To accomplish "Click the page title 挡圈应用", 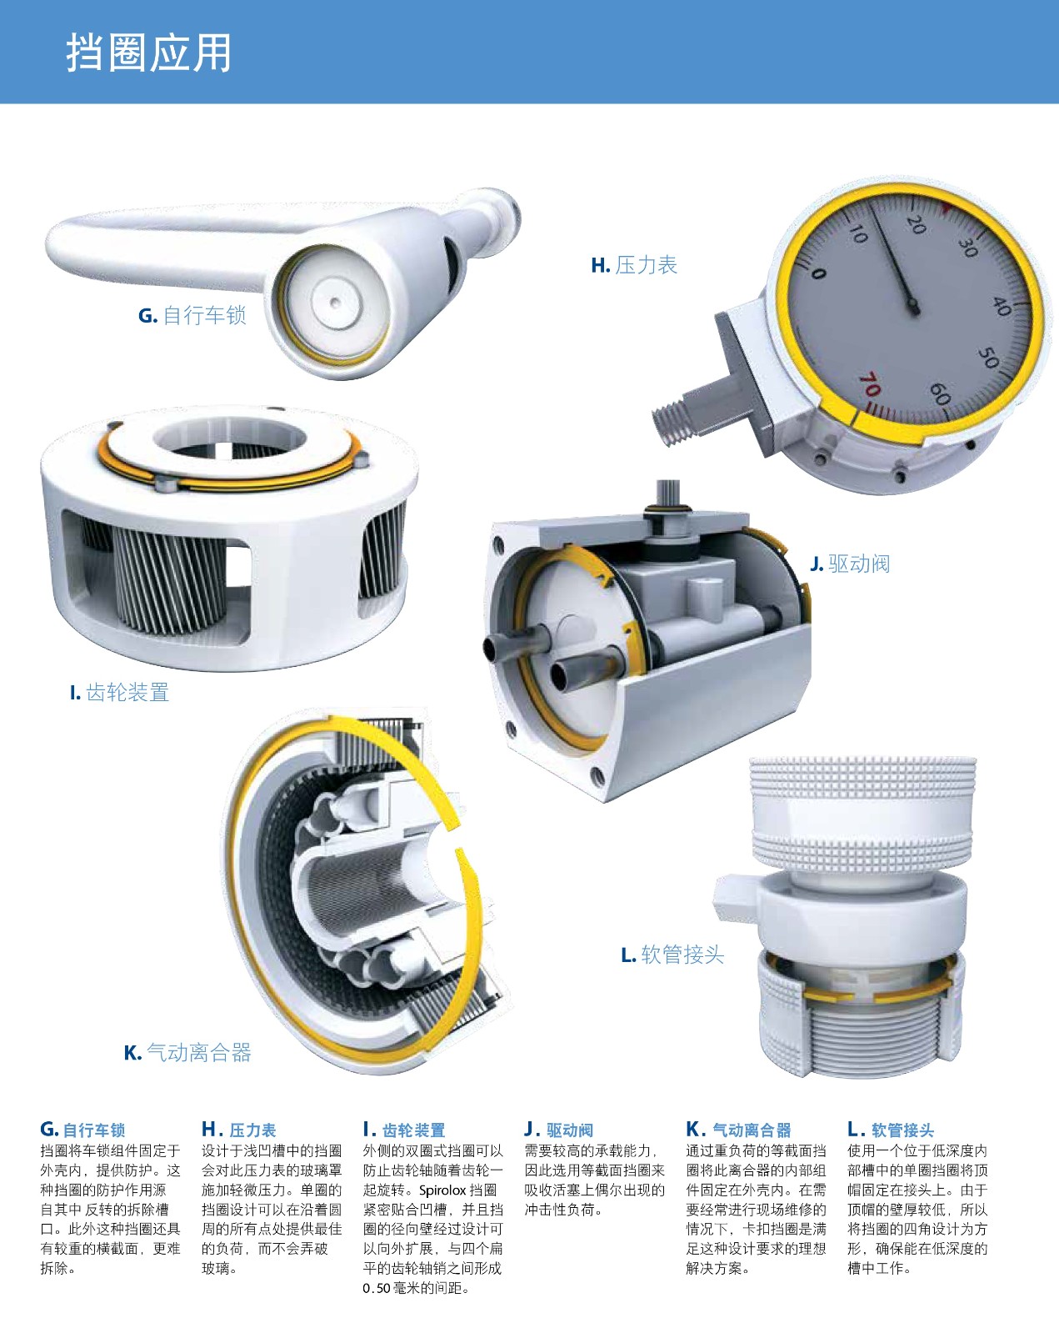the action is [148, 53].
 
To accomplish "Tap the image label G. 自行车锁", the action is [192, 315].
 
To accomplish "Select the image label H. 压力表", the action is [634, 265].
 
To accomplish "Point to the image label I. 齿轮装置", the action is [119, 692].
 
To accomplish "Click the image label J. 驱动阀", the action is [851, 564].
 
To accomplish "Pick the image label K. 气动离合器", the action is [187, 1052].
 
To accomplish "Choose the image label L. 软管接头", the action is [672, 955].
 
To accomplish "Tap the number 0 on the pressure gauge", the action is [818, 273].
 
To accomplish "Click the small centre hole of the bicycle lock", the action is [334, 303].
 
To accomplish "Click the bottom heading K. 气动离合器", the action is [739, 1130].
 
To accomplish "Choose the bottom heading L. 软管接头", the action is [891, 1130].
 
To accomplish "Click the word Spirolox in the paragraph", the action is [442, 1190].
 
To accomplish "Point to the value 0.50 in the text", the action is [377, 1289].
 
